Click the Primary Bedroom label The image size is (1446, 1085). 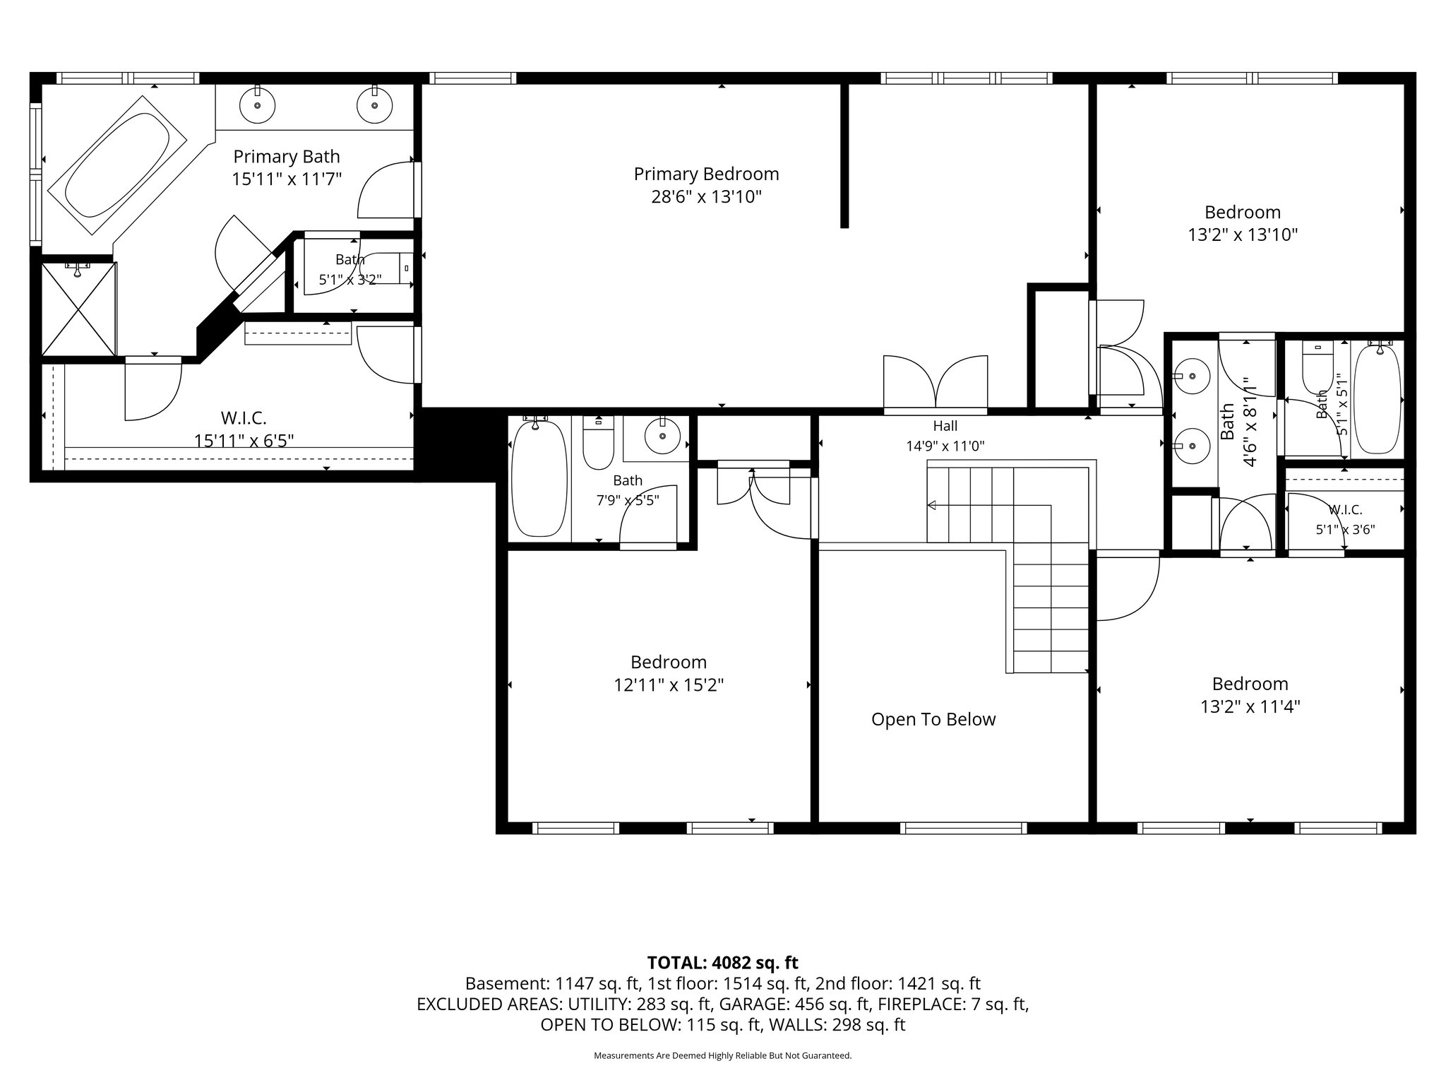tap(706, 174)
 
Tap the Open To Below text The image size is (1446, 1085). tap(933, 719)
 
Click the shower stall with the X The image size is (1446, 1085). tap(78, 309)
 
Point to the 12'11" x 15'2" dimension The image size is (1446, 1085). tap(669, 684)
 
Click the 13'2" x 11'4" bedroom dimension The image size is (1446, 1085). tap(1250, 706)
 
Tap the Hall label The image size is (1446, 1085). tap(945, 425)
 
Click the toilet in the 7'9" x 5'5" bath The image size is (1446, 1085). tap(598, 443)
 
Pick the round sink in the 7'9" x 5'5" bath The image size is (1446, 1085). tap(662, 438)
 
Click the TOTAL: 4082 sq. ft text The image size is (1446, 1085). tap(722, 962)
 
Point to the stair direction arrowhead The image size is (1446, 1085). tap(932, 505)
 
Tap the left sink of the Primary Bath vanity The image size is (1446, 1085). tap(258, 105)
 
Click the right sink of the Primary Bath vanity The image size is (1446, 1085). tap(375, 105)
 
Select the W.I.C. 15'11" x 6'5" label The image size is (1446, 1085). tap(244, 429)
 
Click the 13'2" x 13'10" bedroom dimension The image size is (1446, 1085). tap(1243, 235)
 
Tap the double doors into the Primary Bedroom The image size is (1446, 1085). tap(936, 385)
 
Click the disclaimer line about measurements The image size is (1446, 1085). tap(722, 1055)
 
